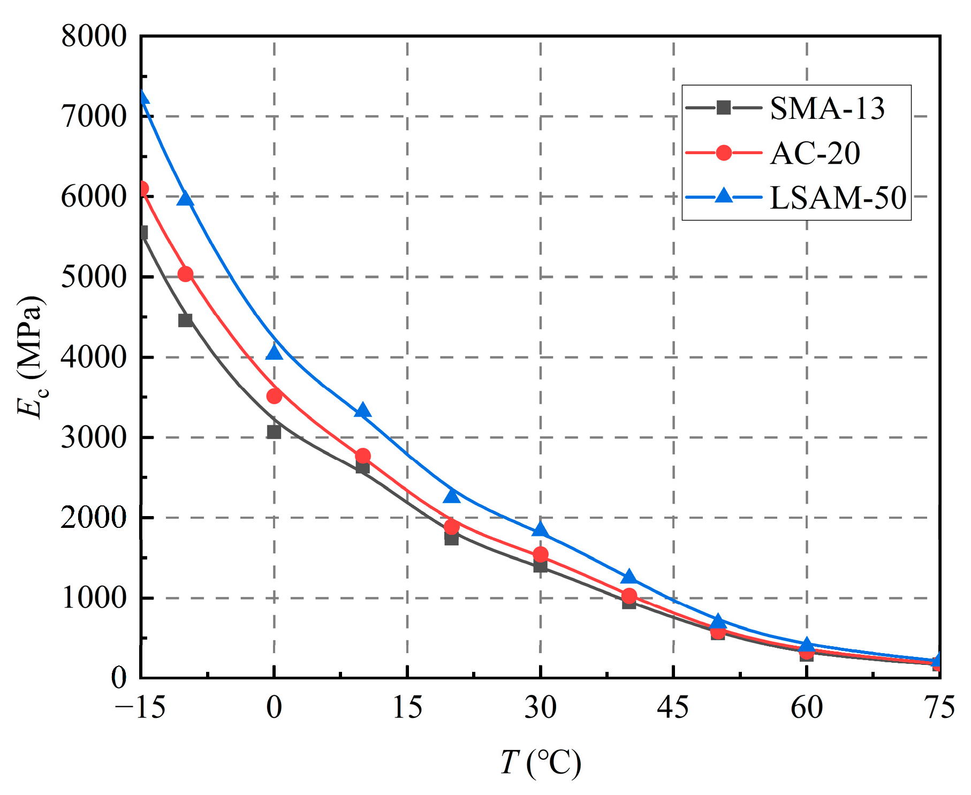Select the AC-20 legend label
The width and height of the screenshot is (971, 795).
tap(815, 153)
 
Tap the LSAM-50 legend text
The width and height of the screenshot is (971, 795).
tap(838, 198)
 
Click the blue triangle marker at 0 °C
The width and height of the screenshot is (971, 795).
tap(274, 352)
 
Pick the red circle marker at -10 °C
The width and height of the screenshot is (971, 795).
tap(185, 274)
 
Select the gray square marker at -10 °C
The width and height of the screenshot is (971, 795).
tap(185, 320)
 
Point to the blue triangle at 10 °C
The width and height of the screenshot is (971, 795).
tap(363, 411)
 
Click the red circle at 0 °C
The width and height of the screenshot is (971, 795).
tap(274, 396)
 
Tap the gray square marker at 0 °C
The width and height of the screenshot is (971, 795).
tap(274, 431)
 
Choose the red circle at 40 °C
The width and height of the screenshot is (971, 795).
tap(629, 596)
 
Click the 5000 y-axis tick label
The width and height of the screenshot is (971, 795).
tap(94, 277)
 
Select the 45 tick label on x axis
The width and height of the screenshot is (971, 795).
tap(673, 707)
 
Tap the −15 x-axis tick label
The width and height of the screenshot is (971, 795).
tap(140, 707)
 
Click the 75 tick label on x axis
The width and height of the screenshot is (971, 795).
tap(939, 707)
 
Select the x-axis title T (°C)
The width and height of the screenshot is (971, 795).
tap(541, 762)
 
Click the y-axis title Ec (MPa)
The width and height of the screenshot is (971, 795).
tap(31, 358)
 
